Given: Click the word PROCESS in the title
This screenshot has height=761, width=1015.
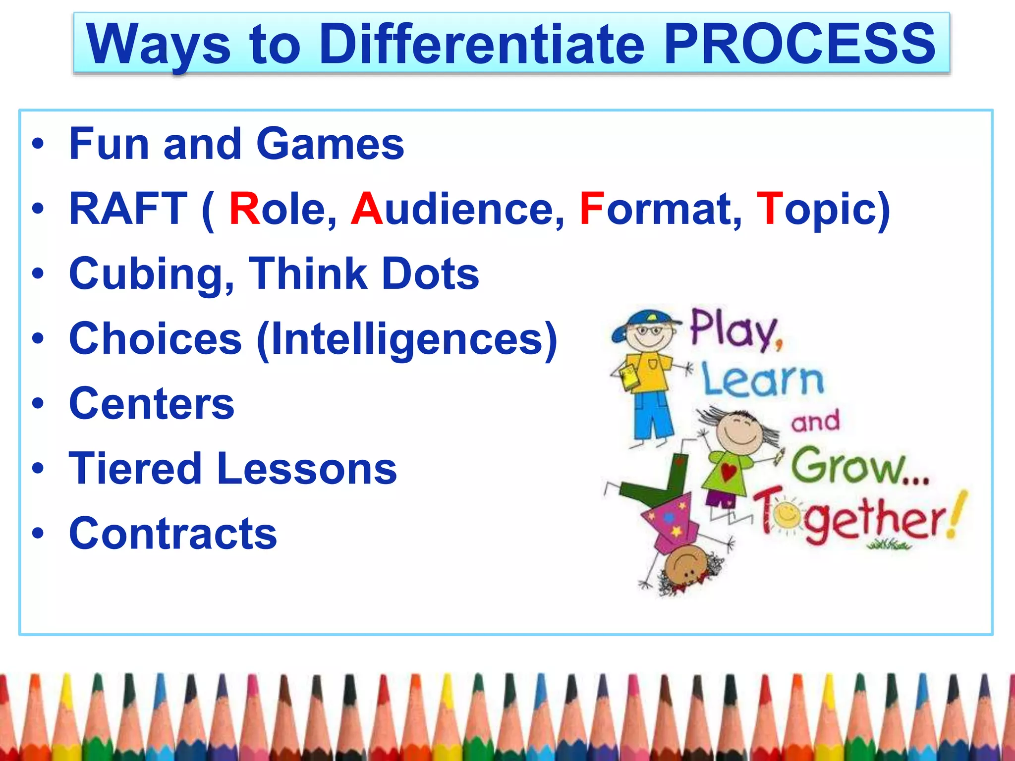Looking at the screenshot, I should pos(799,45).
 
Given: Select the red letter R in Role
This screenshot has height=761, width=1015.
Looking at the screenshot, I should pos(245,209).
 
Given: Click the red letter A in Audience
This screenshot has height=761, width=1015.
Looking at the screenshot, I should pos(367,209).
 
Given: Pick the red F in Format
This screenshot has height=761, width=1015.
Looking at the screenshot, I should pos(592,209).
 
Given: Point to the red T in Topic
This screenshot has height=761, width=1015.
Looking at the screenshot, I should pos(770,209).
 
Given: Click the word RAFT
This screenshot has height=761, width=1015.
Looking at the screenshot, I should pos(128,209).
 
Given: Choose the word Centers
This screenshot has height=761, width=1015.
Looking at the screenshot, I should pos(152,404).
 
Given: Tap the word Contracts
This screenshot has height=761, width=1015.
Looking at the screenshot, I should pos(173,534).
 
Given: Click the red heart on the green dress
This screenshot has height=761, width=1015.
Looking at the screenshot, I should pos(728,471).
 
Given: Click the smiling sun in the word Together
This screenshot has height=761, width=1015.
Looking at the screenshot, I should pos(786,517).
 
